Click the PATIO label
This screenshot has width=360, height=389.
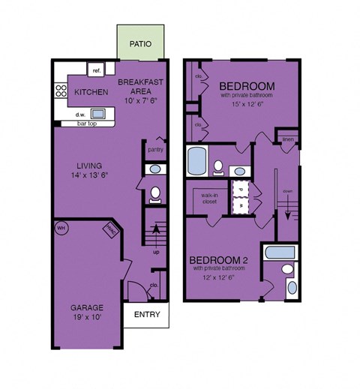tap(141, 44)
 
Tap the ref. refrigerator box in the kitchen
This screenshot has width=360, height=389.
tap(97, 71)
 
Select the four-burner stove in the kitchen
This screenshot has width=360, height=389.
tap(61, 92)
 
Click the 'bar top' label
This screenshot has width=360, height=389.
tap(76, 122)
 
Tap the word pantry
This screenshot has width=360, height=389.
tap(155, 148)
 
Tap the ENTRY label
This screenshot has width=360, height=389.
tap(145, 315)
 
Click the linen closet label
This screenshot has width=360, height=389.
tap(288, 139)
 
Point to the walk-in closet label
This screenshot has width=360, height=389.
tap(208, 199)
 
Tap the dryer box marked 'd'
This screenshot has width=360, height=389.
tap(241, 188)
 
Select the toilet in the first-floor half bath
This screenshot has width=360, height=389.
tap(155, 194)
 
